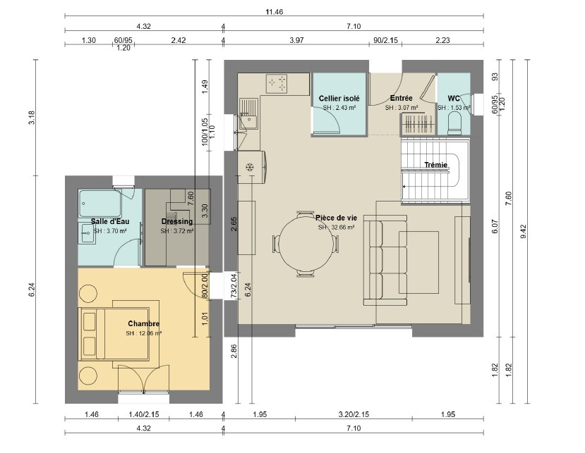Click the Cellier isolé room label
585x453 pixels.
point(339,99)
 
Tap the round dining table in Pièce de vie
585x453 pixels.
point(306,244)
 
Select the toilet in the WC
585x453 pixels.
point(454,124)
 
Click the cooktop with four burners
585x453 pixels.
point(277,84)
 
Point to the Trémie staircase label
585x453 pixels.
point(436,165)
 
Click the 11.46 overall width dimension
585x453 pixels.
point(275,12)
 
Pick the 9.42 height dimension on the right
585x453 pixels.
point(523,231)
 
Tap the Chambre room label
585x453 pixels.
point(144,324)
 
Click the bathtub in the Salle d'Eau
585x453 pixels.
point(100,204)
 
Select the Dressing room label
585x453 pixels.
point(177,222)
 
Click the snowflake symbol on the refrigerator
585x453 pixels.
point(249,167)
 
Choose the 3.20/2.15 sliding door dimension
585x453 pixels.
point(354,414)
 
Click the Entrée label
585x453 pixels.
point(402,98)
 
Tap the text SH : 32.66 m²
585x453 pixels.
point(336,228)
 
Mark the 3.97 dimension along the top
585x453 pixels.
point(296,40)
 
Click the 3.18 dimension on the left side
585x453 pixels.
point(32,118)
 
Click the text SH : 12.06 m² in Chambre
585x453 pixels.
point(144,333)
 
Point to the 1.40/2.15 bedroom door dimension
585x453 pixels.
point(144,414)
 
